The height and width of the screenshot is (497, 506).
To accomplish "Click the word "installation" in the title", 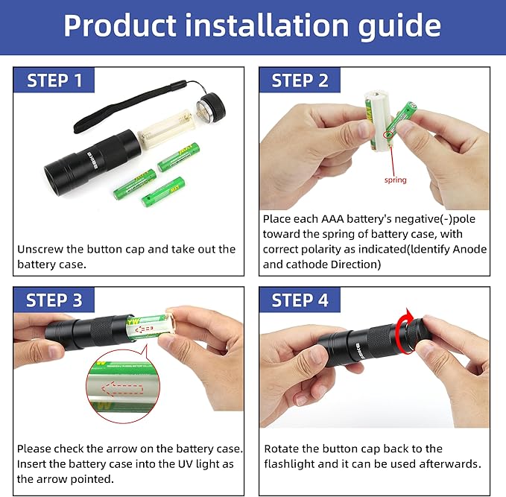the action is click(267, 25).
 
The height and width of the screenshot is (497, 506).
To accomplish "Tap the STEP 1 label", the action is click(54, 80).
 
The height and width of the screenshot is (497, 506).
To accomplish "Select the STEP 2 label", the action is click(300, 80).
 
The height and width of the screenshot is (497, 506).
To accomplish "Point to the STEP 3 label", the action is click(54, 300).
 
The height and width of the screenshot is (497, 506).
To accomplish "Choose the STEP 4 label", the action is click(300, 300).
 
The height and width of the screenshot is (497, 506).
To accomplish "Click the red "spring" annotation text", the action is click(395, 180).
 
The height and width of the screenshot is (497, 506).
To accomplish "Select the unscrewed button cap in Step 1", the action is click(211, 107).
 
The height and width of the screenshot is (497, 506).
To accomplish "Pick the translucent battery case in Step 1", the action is click(166, 129).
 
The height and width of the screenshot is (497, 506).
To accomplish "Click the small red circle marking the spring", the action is click(388, 135).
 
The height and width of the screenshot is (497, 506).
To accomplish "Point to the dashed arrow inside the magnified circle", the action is click(123, 389).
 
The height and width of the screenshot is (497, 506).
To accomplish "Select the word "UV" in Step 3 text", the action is click(186, 463).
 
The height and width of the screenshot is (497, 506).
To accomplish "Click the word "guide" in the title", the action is click(399, 27).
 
